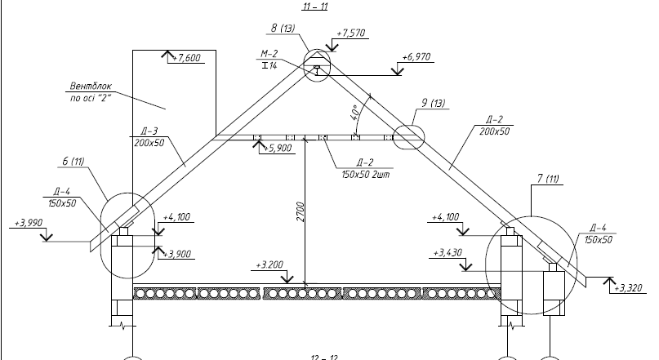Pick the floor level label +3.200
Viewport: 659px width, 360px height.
click(269, 265)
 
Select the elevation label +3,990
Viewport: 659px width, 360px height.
click(29, 222)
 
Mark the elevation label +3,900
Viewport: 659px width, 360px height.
click(178, 255)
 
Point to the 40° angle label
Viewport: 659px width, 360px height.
click(356, 112)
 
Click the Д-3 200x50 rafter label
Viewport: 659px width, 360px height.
click(147, 136)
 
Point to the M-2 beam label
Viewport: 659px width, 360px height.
click(269, 59)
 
